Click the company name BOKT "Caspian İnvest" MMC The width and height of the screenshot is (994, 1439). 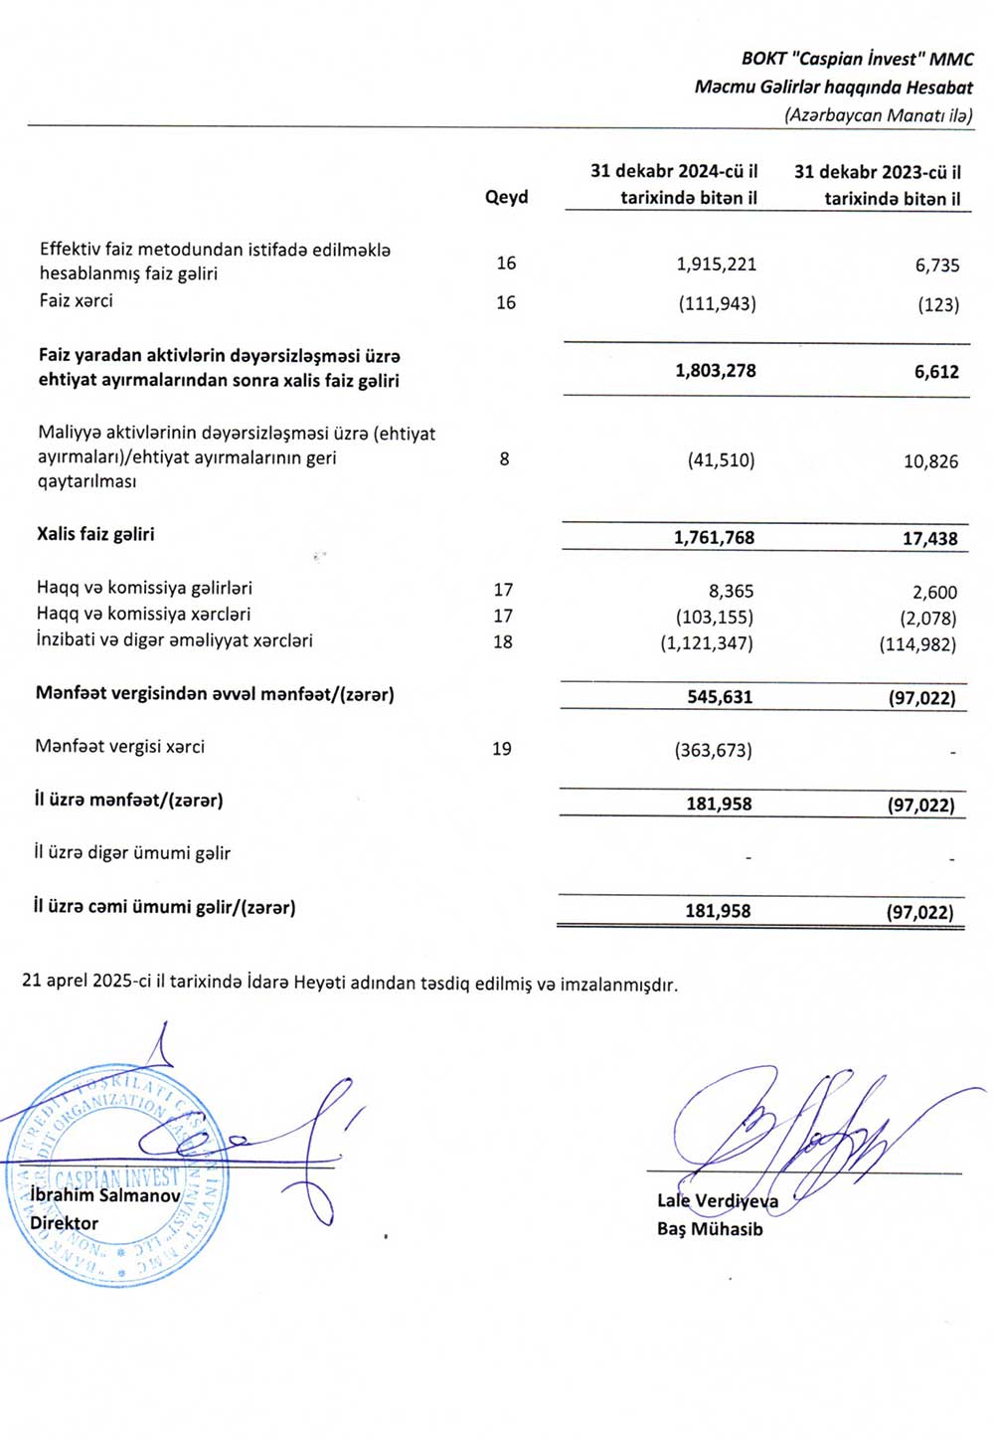tap(857, 59)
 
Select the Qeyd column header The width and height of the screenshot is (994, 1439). tap(506, 197)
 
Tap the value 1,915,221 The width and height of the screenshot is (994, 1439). tap(716, 265)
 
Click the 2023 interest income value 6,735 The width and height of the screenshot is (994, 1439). tap(937, 266)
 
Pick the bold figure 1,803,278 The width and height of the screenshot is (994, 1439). tap(716, 371)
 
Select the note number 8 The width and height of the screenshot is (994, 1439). tap(505, 459)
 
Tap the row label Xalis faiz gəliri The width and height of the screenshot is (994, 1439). tap(95, 534)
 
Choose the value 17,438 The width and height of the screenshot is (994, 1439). tap(929, 539)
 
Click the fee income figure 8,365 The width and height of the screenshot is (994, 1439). tap(731, 592)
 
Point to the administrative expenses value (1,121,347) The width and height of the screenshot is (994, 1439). tap(707, 643)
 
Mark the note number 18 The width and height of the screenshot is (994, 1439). tap(503, 642)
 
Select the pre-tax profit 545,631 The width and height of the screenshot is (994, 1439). tap(720, 697)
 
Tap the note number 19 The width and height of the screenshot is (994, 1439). tap(502, 749)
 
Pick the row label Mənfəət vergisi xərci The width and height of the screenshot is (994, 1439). tap(120, 747)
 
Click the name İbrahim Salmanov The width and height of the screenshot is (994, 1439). tap(105, 1195)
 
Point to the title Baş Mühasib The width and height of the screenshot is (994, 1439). tap(710, 1229)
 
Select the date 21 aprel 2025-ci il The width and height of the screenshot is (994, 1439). tap(93, 982)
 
